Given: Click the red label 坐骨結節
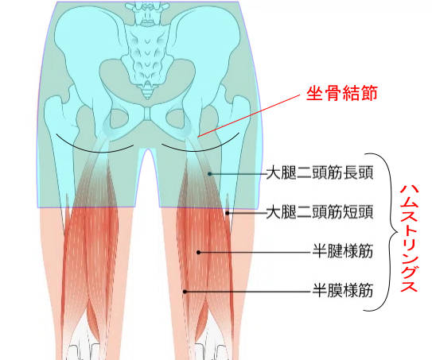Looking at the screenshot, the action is (341, 94).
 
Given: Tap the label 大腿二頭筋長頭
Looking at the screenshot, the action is (320, 172).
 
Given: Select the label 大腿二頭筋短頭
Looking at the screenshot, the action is (320, 212).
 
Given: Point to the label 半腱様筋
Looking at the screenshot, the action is (343, 251).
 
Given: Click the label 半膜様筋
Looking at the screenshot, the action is (343, 291).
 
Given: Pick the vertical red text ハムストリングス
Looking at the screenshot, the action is (409, 238).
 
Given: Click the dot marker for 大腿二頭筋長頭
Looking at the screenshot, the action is (210, 174).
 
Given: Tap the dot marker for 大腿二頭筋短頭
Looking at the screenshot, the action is (228, 213).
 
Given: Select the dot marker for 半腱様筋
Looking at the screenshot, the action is (198, 252).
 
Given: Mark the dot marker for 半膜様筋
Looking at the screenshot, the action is (185, 292).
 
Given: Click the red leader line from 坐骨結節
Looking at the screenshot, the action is (249, 115).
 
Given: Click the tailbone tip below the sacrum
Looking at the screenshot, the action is (148, 95).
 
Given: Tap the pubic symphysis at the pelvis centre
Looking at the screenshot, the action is (148, 114).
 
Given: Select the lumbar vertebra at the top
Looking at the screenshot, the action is (148, 13).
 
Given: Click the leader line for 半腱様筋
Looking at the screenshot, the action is (255, 252).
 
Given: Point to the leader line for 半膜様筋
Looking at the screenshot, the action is (249, 292).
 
